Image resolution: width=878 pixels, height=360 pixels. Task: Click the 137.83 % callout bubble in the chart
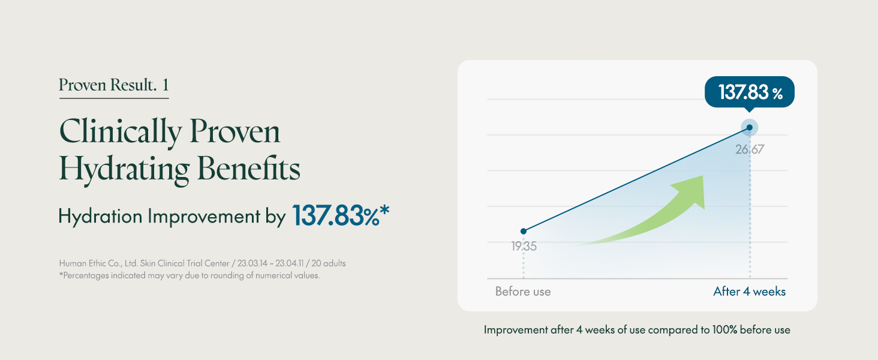[x=750, y=92]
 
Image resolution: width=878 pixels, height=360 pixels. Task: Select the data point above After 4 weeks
[x=750, y=127]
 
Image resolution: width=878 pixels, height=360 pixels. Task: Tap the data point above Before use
[x=524, y=231]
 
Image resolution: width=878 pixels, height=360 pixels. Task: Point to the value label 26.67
[x=750, y=149]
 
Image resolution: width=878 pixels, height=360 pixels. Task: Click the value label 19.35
[x=524, y=246]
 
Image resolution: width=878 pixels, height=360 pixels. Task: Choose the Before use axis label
[x=523, y=292]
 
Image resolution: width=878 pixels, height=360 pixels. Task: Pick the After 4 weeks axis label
[x=750, y=292]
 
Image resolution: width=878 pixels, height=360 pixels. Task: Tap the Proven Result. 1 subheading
[x=114, y=85]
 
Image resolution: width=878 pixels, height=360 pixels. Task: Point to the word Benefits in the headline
[x=248, y=169]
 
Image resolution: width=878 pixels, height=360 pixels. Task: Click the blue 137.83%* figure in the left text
[x=341, y=215]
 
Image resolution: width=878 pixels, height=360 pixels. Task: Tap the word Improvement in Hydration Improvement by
[x=204, y=216]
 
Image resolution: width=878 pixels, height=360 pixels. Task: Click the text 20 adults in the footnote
[x=329, y=263]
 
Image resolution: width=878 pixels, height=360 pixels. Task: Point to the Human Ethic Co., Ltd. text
[x=98, y=263]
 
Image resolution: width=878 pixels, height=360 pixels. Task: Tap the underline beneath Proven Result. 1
[x=114, y=98]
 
